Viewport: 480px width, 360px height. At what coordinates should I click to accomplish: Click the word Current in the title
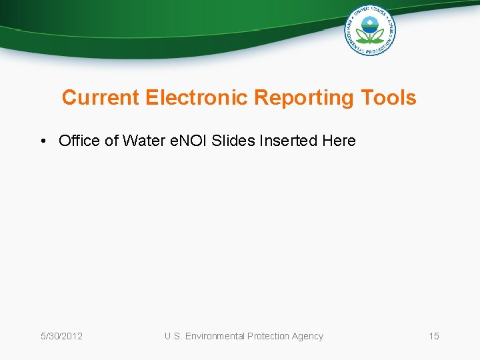[x=101, y=98]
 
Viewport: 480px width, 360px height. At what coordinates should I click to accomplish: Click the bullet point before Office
[x=42, y=141]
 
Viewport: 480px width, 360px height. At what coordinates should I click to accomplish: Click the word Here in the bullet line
[x=339, y=141]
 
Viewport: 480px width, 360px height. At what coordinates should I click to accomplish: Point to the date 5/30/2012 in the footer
[x=62, y=336]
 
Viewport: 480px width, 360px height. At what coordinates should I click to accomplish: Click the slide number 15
[x=434, y=336]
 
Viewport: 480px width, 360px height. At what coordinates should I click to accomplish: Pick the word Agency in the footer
[x=307, y=336]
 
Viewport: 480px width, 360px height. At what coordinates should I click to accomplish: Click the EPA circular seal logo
[x=370, y=30]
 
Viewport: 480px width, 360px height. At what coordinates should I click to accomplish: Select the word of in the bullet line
[x=109, y=141]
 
